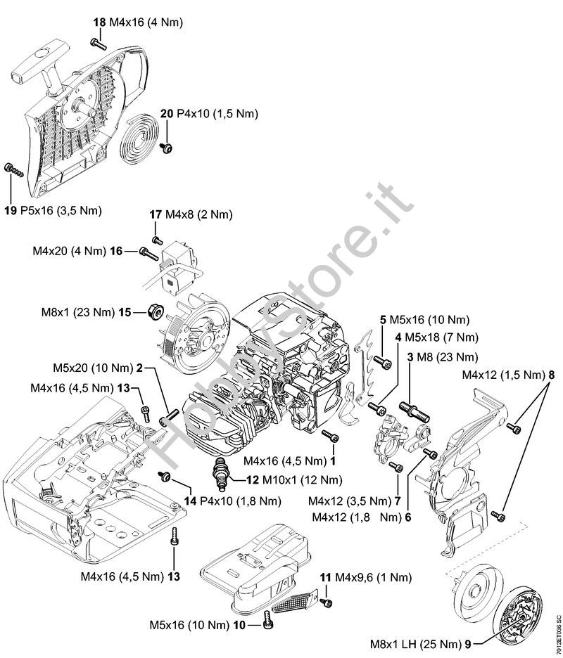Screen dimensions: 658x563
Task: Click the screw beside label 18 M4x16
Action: coord(99,44)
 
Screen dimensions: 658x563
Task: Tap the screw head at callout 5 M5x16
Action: coord(384,363)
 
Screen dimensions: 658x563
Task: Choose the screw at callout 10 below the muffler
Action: coord(267,619)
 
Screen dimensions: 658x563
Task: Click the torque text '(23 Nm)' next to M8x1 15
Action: coord(96,311)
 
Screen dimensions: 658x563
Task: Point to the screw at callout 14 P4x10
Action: coord(167,478)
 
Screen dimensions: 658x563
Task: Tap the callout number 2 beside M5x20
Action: coord(139,367)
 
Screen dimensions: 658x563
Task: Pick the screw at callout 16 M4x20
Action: coord(146,252)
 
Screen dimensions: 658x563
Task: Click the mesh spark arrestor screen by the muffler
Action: coord(292,602)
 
